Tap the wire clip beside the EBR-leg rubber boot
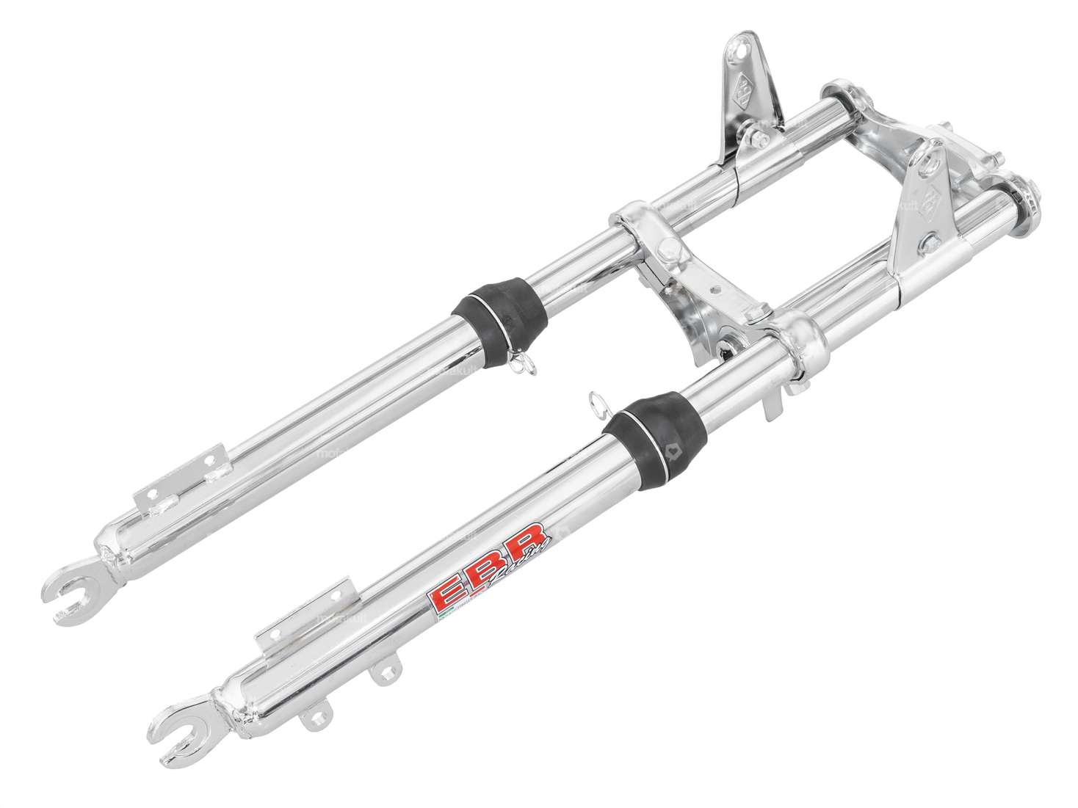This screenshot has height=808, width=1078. pos(596,403)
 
